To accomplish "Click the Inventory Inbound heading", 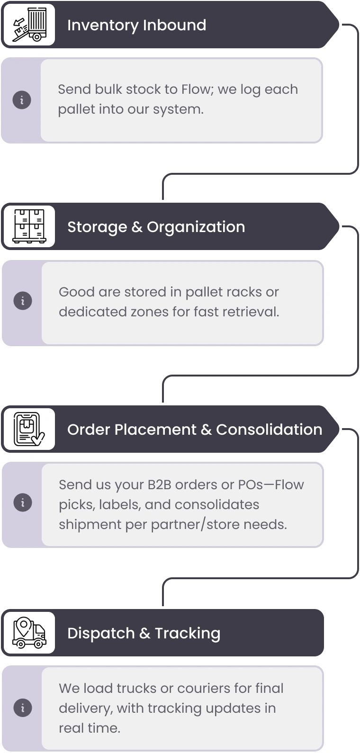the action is (136, 25).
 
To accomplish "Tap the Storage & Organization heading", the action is (156, 227).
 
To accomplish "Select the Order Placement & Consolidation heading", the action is (195, 430).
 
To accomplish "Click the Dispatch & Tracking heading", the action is (144, 634).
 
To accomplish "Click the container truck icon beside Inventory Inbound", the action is (29, 25).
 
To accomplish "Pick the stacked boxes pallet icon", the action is (29, 226).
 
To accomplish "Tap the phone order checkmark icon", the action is (29, 429).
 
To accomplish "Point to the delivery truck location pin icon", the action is (29, 633).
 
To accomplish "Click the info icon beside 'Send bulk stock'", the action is (22, 100).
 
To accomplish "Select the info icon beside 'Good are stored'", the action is (23, 301).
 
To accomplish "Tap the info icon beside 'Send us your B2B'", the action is (23, 502).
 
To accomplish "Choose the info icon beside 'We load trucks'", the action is (23, 708).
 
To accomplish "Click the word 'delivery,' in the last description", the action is (86, 708).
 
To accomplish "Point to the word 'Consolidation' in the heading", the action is (269, 430).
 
